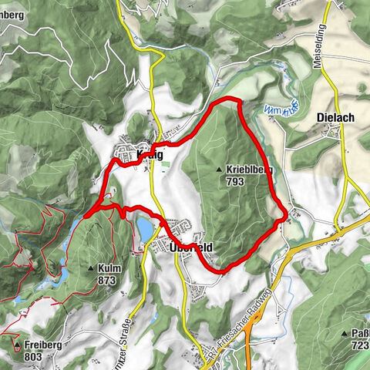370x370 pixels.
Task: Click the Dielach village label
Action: coord(335,118)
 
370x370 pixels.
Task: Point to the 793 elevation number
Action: coord(235,181)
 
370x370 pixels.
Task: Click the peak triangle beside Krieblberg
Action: coord(220,168)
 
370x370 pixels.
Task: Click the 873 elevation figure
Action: coord(107,281)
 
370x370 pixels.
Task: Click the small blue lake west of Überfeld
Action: coord(146,229)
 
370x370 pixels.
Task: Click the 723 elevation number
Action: coord(360,346)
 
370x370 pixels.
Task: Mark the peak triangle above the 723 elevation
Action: coord(345,333)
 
